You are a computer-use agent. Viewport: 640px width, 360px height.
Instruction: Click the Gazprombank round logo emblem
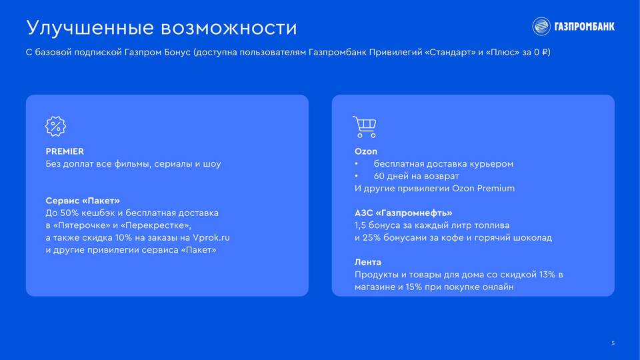541,27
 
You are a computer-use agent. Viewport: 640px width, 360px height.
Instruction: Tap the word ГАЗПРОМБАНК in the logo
584,27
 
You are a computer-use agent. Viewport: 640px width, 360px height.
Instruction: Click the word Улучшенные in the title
90,28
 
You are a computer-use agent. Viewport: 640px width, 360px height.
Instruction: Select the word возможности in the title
229,28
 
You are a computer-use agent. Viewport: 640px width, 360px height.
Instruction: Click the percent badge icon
55,126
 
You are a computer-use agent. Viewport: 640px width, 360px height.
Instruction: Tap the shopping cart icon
365,127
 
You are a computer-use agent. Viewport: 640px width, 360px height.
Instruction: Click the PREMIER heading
65,151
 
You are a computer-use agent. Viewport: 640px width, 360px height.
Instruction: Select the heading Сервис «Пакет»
83,201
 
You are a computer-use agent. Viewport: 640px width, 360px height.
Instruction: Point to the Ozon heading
366,151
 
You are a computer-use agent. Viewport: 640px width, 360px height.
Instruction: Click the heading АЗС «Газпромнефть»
403,213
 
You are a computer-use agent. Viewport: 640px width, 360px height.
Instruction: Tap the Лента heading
368,262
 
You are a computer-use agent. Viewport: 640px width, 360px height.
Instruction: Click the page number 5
613,343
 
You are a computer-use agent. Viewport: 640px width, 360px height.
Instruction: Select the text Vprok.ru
211,237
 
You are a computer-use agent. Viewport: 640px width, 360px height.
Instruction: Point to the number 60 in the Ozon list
379,176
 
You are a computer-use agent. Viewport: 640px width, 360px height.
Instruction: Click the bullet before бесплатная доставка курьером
356,164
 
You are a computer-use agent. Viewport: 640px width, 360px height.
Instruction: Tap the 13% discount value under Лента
547,274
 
